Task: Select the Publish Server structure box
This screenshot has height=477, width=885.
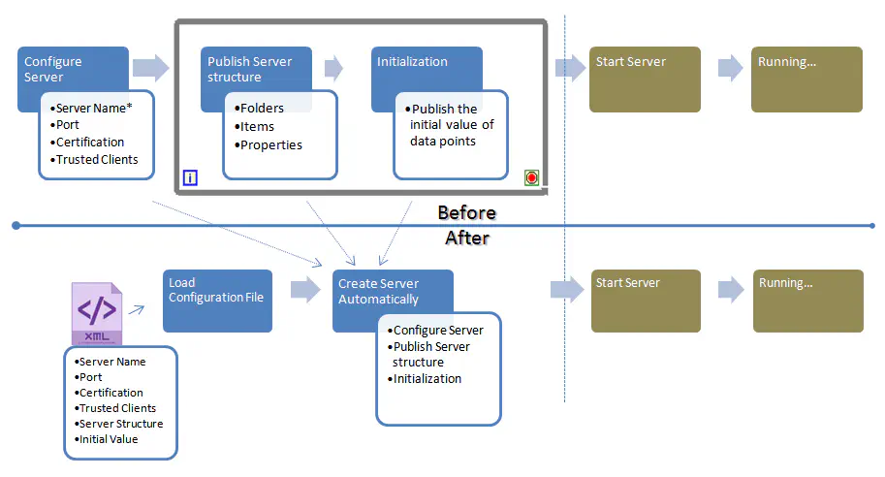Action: pyautogui.click(x=255, y=68)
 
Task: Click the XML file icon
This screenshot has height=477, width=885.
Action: pyautogui.click(x=96, y=312)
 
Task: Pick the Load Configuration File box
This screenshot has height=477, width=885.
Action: pyautogui.click(x=216, y=300)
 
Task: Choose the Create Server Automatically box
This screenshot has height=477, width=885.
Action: pyautogui.click(x=392, y=291)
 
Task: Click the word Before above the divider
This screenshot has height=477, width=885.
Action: pyautogui.click(x=466, y=212)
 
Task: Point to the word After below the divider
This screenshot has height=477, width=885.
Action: pyautogui.click(x=466, y=238)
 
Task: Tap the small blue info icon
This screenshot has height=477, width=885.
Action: pyautogui.click(x=190, y=177)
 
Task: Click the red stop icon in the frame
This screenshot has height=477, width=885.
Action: pyautogui.click(x=531, y=177)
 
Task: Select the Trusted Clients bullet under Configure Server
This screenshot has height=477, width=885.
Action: pyautogui.click(x=96, y=159)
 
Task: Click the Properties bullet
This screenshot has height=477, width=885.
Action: pyautogui.click(x=269, y=144)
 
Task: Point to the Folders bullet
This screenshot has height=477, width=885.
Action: pyautogui.click(x=260, y=108)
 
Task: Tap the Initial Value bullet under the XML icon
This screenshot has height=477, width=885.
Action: pyautogui.click(x=108, y=439)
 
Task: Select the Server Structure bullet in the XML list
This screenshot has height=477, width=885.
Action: pyautogui.click(x=120, y=424)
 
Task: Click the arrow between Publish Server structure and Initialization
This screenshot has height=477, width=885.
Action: pyautogui.click(x=333, y=67)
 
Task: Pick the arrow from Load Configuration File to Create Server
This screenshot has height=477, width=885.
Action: pyautogui.click(x=305, y=289)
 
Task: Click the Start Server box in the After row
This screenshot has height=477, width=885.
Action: pyautogui.click(x=645, y=299)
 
